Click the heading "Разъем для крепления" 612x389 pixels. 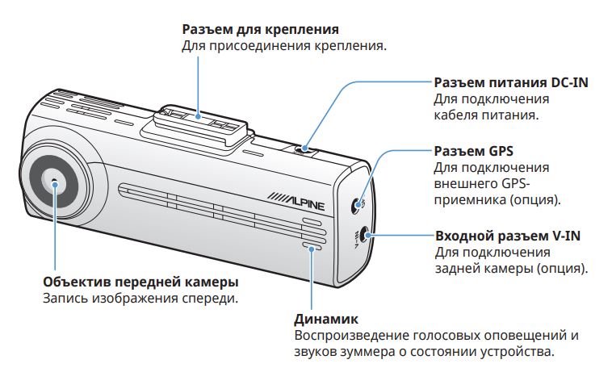pyautogui.click(x=260, y=30)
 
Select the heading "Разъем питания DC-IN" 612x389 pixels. pyautogui.click(x=511, y=82)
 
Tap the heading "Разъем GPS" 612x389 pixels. pyautogui.click(x=473, y=152)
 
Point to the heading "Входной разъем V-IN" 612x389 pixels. pyautogui.click(x=508, y=236)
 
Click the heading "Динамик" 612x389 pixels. pyautogui.click(x=326, y=319)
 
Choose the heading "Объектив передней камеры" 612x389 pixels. pyautogui.click(x=140, y=282)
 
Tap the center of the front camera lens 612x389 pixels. pyautogui.click(x=54, y=182)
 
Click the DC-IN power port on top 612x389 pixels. pyautogui.click(x=304, y=149)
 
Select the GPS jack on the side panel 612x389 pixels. pyautogui.click(x=356, y=205)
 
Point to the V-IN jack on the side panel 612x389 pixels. pyautogui.click(x=364, y=235)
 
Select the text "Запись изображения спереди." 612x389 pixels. pyautogui.click(x=140, y=299)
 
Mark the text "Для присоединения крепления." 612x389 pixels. pyautogui.click(x=284, y=46)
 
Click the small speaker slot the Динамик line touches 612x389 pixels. pyautogui.click(x=312, y=248)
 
